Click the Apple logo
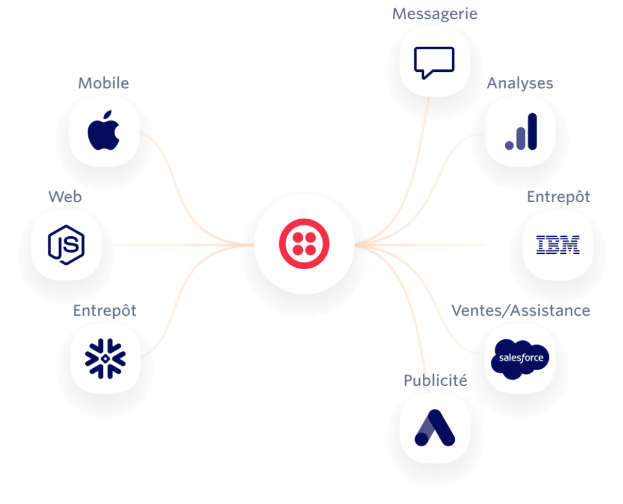[103, 130]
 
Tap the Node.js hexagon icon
[66, 245]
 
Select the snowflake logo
[105, 359]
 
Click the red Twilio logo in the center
[304, 243]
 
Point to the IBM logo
[558, 245]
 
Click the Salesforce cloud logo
[520, 359]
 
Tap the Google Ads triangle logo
[434, 428]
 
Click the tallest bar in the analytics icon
[532, 131]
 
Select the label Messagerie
[434, 14]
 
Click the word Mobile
[103, 83]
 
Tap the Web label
[65, 197]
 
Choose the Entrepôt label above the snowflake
[105, 310]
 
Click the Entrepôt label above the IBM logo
[559, 197]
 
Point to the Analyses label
[520, 83]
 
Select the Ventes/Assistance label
[521, 310]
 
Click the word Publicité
[436, 380]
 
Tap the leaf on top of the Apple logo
[107, 115]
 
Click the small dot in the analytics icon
[509, 145]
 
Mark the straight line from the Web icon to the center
[184, 245]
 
